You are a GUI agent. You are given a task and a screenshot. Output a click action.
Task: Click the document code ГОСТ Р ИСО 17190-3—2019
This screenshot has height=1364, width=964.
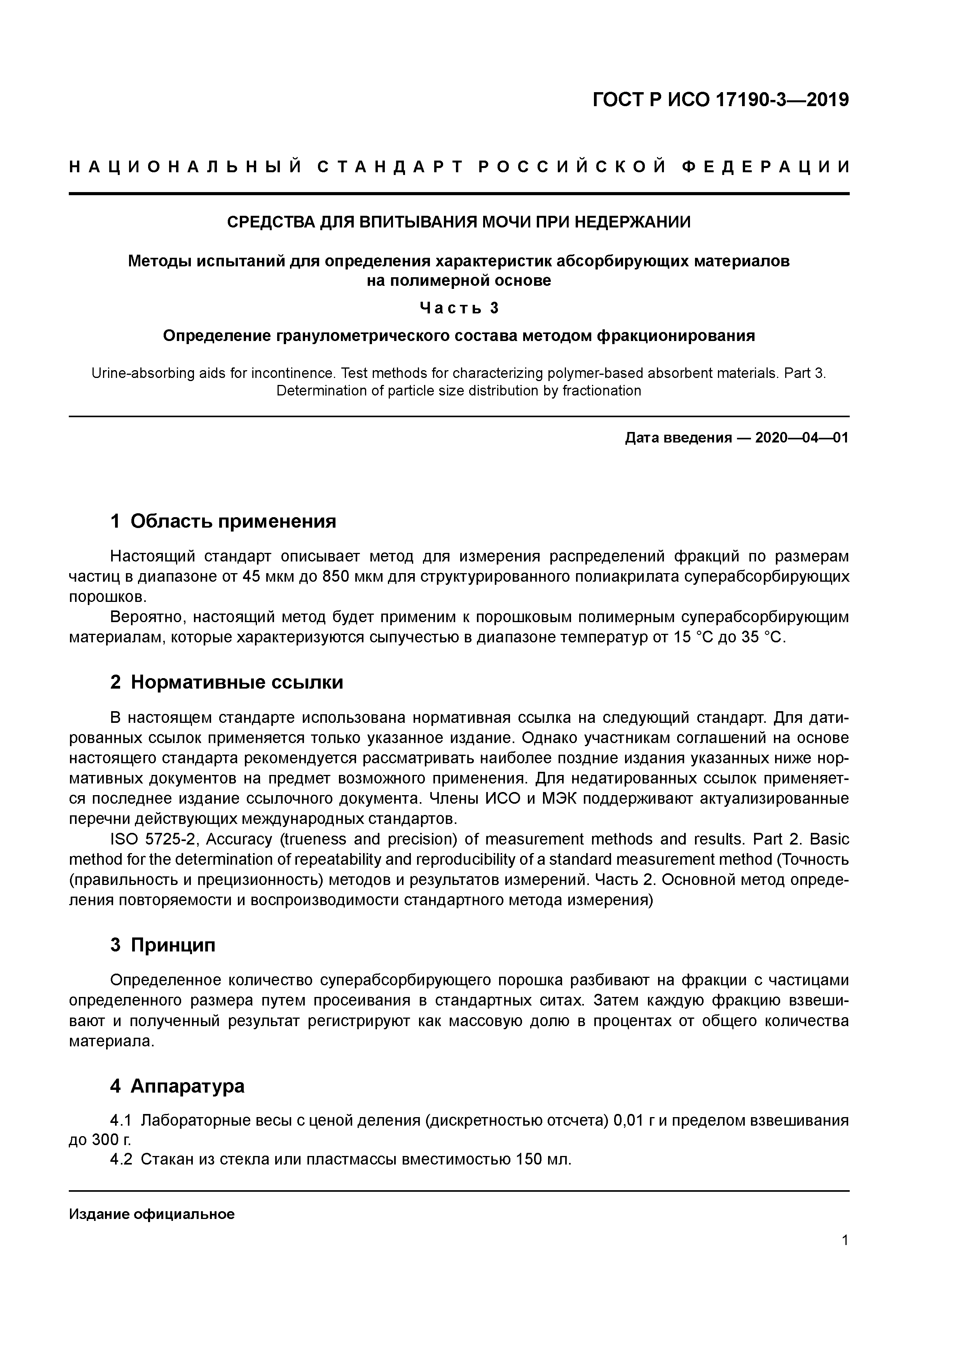[721, 100]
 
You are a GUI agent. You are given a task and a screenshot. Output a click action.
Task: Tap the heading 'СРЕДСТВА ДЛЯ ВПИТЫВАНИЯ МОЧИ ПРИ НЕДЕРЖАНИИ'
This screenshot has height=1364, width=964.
[459, 222]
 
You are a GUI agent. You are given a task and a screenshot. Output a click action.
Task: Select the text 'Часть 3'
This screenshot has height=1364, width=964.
[459, 308]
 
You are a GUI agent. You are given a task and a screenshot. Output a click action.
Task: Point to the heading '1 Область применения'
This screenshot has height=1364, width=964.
[224, 521]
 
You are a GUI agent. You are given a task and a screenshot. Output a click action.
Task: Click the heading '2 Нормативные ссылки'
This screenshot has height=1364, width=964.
[227, 682]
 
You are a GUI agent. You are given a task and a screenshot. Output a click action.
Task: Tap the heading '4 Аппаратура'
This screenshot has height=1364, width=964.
[177, 1086]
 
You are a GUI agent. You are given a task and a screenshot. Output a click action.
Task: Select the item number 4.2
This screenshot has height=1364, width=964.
[122, 1159]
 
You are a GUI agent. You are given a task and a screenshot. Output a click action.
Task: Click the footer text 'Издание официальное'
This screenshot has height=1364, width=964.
[152, 1214]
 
